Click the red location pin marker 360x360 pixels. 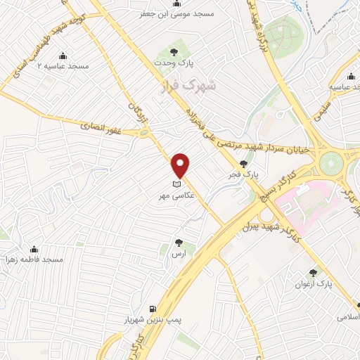pyautogui.click(x=181, y=165)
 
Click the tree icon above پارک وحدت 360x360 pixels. pyautogui.click(x=174, y=51)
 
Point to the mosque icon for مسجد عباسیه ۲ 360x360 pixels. pyautogui.click(x=63, y=56)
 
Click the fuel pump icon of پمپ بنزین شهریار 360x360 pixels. pyautogui.click(x=152, y=308)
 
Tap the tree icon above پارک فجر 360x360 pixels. pyautogui.click(x=243, y=163)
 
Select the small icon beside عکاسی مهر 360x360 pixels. pyautogui.click(x=176, y=185)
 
